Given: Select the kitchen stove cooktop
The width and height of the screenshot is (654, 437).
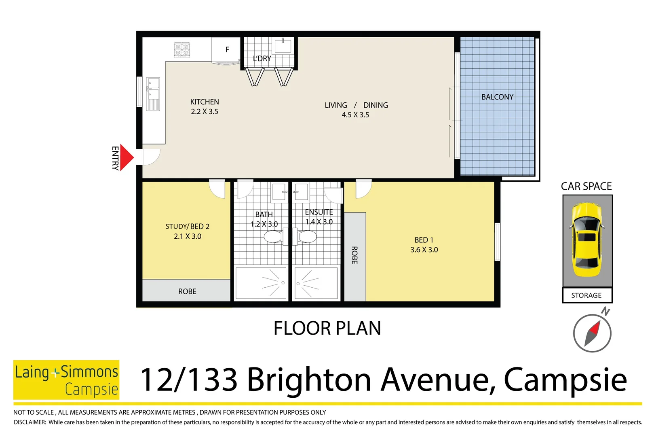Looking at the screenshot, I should pos(182,49).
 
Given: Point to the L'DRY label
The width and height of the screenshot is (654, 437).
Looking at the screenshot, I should pos(262,59).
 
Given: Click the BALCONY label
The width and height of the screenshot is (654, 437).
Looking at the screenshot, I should pos(497,97).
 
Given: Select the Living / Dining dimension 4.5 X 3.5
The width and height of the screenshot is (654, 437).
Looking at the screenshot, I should pos(355,115).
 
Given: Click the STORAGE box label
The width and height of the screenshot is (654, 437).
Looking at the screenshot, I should pos(586,295).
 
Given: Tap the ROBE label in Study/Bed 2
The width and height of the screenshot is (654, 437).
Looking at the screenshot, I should pos(187,291).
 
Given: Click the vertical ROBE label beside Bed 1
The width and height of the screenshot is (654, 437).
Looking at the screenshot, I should pos(354,255).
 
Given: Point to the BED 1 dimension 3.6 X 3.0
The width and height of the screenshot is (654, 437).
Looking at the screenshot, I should pos(424,250).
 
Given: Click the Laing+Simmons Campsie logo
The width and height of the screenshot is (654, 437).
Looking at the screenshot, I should pos(66,380).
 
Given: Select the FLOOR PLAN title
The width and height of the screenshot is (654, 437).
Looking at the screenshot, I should pos(327,328).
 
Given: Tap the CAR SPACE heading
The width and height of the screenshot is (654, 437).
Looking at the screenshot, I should pos(586,186).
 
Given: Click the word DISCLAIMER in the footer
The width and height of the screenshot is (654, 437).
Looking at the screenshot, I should pos(30,422).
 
